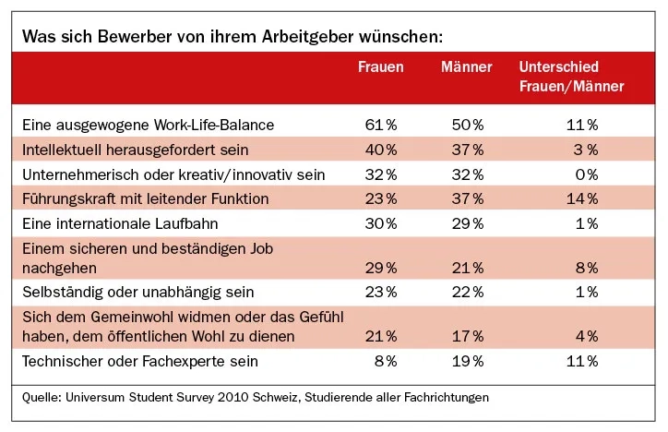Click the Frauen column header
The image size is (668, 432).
(x=380, y=67)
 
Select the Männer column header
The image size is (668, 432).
(x=466, y=67)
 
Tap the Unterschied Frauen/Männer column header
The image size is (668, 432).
(x=571, y=77)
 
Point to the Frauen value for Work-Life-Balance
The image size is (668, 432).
(x=380, y=124)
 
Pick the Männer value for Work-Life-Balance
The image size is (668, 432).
(x=467, y=124)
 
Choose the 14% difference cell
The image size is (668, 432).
(x=581, y=198)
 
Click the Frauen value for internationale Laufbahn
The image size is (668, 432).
(x=380, y=223)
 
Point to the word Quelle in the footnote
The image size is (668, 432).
(x=42, y=398)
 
